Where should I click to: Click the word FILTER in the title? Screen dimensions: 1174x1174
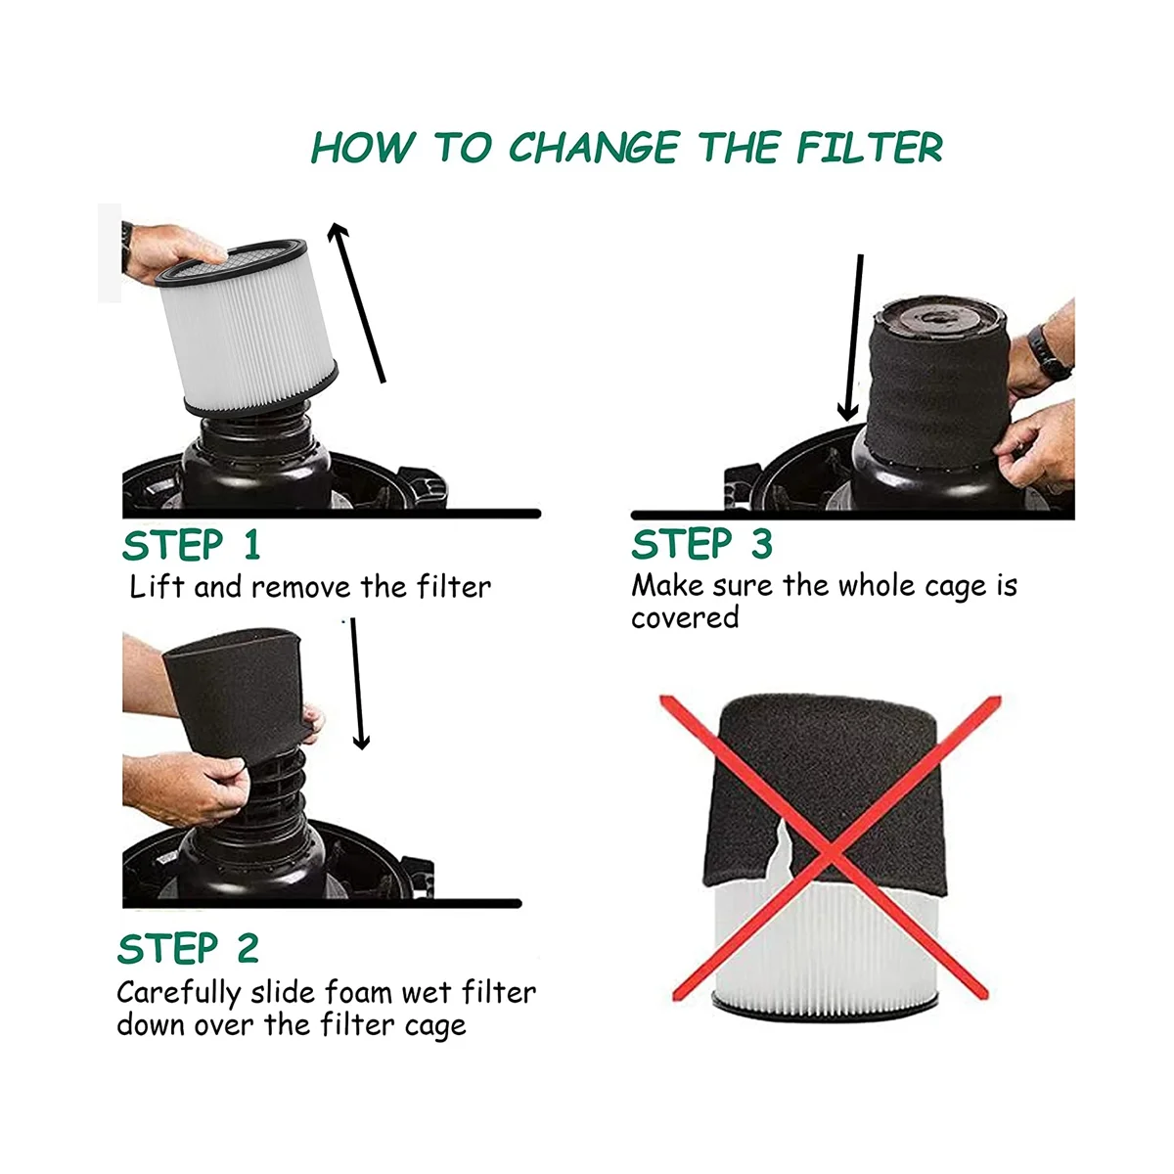pos(870,148)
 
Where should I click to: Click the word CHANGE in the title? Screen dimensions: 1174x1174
pos(594,148)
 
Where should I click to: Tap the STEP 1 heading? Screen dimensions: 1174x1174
pos(192,545)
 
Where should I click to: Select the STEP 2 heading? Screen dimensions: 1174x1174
pos(188,949)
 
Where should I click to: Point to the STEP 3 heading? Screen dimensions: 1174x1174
pos(701,543)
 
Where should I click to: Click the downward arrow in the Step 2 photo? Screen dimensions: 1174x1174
pos(359,684)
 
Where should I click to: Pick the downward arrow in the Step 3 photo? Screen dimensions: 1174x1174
pos(852,338)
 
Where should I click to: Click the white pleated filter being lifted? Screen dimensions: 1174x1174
pos(247,327)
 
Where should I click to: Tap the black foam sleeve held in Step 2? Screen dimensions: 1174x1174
pos(238,695)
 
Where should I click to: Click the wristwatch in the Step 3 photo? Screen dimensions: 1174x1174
pos(1049,352)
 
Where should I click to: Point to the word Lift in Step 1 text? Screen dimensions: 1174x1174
pos(157,587)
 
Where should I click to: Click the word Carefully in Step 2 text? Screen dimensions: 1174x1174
pos(179,994)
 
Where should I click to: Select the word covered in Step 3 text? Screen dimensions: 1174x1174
pos(685,617)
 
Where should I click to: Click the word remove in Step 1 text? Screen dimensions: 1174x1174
pos(301,588)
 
